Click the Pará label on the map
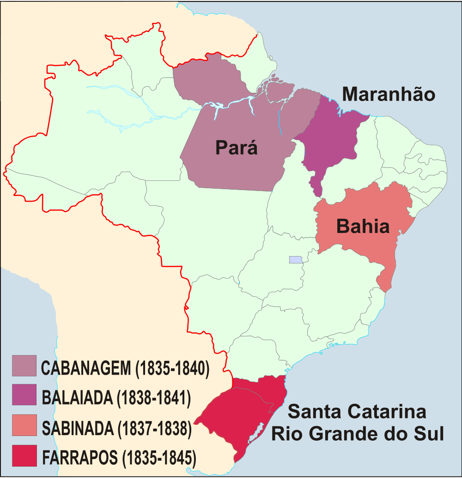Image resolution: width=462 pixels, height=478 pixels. pos(236,148)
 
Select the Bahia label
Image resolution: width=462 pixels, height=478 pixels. pos(363,227)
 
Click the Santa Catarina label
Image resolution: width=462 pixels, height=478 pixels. pos(357,412)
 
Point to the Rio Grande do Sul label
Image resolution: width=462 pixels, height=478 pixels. pos(357,434)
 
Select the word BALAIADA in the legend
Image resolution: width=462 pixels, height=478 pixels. pos(78,398)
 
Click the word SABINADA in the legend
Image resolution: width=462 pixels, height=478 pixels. pos(78,428)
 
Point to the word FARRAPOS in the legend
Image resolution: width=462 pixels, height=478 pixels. pos(80,458)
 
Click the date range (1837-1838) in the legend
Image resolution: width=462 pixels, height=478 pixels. pos(154,428)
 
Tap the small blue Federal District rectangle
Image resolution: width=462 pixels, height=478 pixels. pos(295,260)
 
